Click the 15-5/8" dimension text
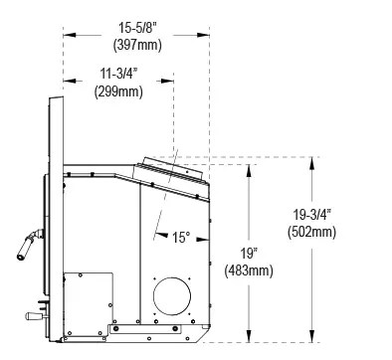click(x=137, y=28)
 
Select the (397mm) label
click(x=137, y=45)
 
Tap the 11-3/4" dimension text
click(x=118, y=74)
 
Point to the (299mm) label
click(x=118, y=91)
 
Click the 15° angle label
click(x=181, y=238)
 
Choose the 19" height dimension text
click(x=249, y=254)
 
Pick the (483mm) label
click(x=249, y=270)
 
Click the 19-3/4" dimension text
click(x=311, y=215)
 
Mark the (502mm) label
click(x=311, y=232)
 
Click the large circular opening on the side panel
click(x=172, y=296)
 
